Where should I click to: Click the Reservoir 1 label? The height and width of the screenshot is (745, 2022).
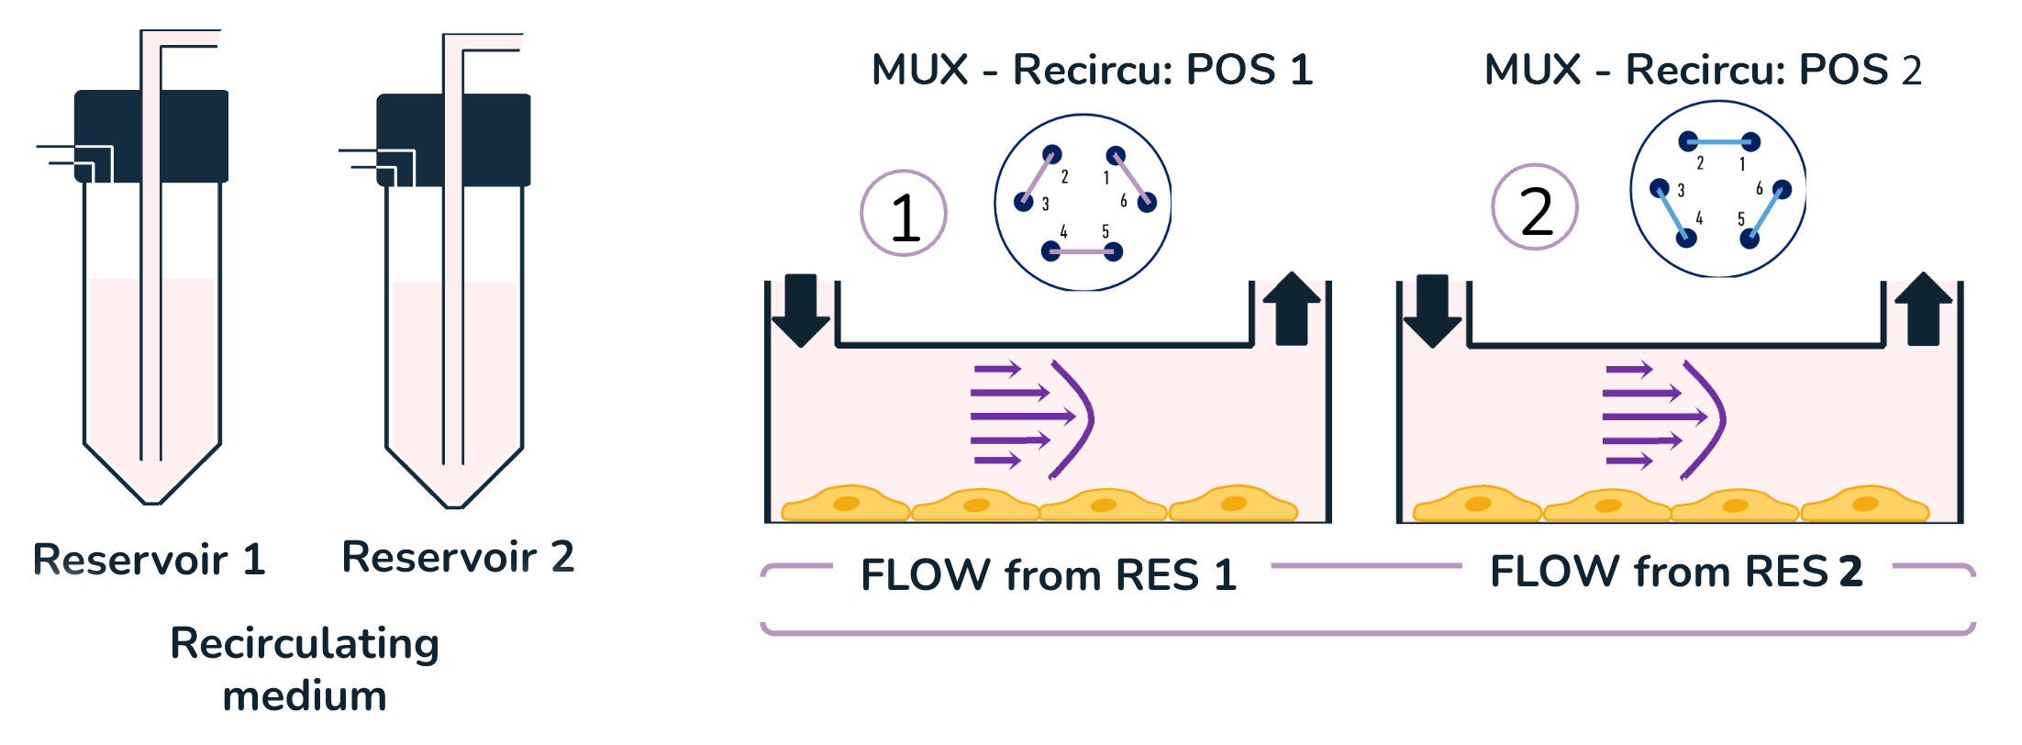click(150, 560)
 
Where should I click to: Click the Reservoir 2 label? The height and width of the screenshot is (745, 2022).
click(458, 557)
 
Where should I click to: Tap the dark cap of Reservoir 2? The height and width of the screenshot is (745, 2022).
click(495, 138)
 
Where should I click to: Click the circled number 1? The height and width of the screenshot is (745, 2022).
click(904, 214)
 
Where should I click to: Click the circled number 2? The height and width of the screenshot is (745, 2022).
click(1535, 208)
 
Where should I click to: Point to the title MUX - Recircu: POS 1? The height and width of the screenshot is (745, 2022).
click(1092, 70)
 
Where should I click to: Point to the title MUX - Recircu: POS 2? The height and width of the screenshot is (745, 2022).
click(1703, 70)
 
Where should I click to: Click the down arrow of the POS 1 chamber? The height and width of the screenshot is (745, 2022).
click(801, 309)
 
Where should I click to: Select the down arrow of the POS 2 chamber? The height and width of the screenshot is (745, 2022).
click(1432, 310)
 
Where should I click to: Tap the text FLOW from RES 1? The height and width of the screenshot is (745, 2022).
click(1049, 575)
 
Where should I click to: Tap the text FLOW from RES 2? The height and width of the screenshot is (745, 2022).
click(1676, 572)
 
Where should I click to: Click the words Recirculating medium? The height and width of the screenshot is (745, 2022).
click(305, 669)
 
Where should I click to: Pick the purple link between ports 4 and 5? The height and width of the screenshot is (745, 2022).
click(1083, 251)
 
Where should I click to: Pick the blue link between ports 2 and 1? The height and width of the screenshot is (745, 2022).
click(1719, 142)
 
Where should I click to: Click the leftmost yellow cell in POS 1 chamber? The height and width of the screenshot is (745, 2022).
click(845, 504)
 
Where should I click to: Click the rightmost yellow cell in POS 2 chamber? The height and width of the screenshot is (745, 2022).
click(1865, 504)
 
